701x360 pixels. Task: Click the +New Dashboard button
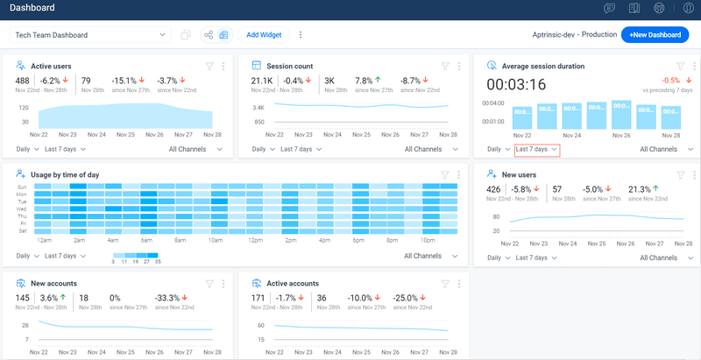pyautogui.click(x=656, y=35)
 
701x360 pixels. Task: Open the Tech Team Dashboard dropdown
pyautogui.click(x=89, y=35)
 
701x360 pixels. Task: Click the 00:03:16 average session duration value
pyautogui.click(x=516, y=85)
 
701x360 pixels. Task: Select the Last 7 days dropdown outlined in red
pyautogui.click(x=536, y=150)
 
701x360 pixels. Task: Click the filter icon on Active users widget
pyautogui.click(x=209, y=66)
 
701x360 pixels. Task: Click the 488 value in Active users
pyautogui.click(x=24, y=81)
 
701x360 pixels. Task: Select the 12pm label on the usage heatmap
pyautogui.click(x=255, y=240)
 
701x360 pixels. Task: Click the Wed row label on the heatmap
pyautogui.click(x=22, y=209)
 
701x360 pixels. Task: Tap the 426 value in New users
pyautogui.click(x=494, y=189)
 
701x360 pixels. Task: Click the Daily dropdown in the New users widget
pyautogui.click(x=499, y=258)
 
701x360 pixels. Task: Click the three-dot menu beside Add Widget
pyautogui.click(x=301, y=35)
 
